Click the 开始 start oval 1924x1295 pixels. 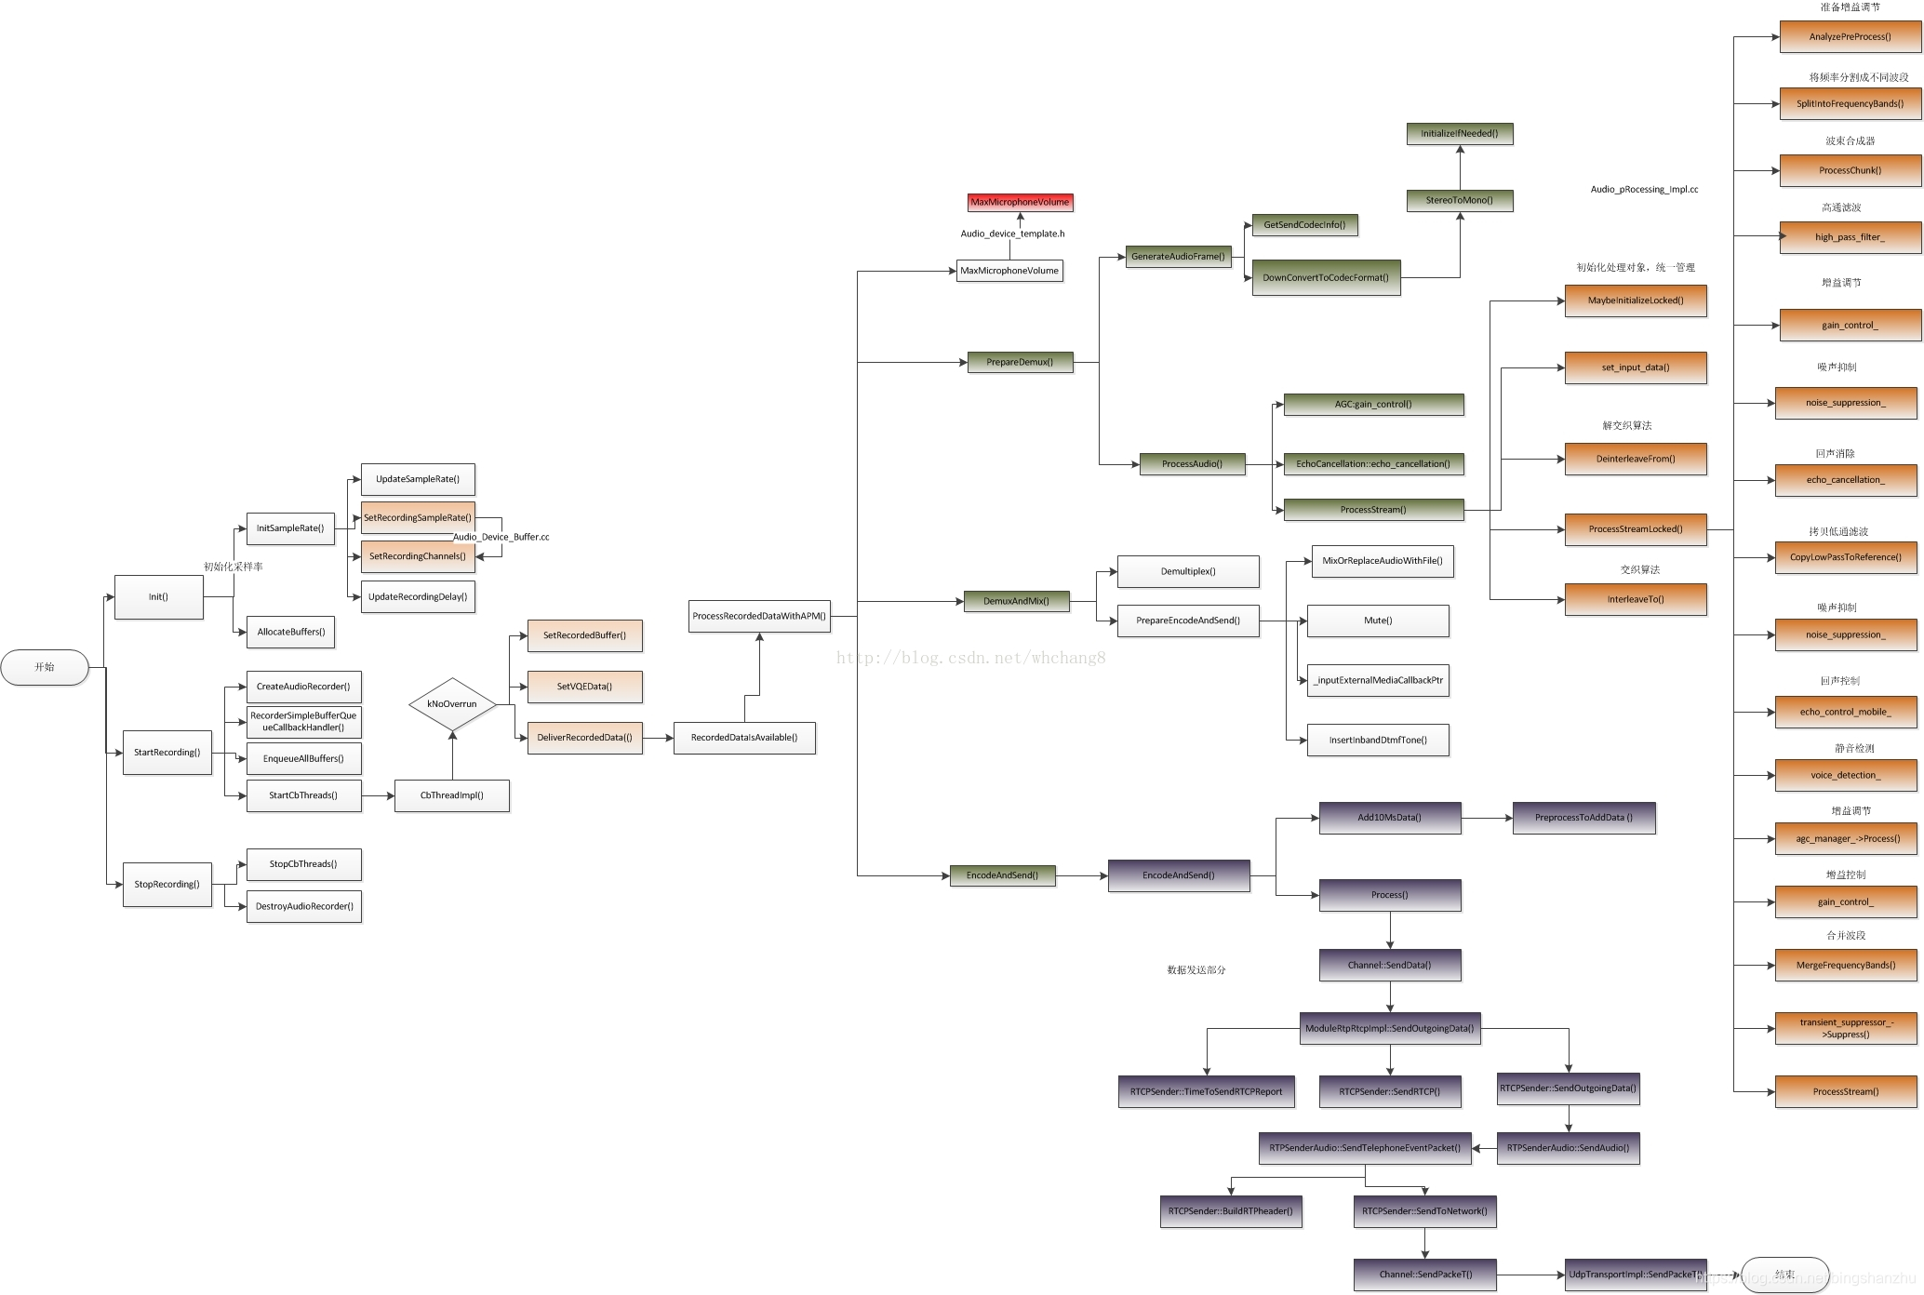(x=45, y=667)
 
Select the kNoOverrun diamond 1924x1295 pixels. (x=452, y=704)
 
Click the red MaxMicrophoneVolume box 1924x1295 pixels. (x=1020, y=202)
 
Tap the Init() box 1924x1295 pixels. (x=158, y=597)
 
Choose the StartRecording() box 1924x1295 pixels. (x=167, y=753)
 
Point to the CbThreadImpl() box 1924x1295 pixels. (x=452, y=795)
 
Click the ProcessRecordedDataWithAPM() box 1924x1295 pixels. (x=759, y=616)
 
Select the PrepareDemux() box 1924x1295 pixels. (x=1020, y=362)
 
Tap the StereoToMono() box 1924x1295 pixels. (x=1459, y=200)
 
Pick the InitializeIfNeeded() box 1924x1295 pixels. (x=1459, y=134)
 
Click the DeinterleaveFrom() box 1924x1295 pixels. (x=1636, y=459)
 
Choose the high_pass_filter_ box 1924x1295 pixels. (x=1850, y=237)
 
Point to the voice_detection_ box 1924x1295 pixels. (x=1846, y=775)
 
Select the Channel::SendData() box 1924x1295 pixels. (x=1390, y=965)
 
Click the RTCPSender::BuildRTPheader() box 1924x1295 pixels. (x=1230, y=1211)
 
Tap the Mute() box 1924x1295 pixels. (x=1378, y=621)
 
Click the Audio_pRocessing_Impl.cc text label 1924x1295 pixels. (x=1644, y=190)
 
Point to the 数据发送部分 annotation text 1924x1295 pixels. (x=1196, y=969)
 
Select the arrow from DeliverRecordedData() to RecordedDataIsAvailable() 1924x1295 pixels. (x=658, y=738)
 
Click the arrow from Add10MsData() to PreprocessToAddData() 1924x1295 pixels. (x=1487, y=818)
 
